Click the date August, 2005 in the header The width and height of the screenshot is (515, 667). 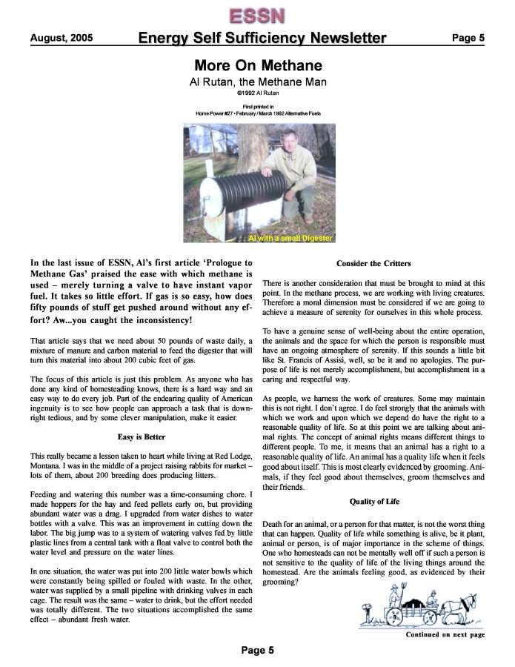coord(62,38)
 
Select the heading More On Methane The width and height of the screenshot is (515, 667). coord(257,65)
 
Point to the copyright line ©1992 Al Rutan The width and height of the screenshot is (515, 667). coord(257,94)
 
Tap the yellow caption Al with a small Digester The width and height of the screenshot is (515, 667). coord(290,238)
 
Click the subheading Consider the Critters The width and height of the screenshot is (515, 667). coord(373,263)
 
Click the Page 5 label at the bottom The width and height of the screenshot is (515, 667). coord(257,651)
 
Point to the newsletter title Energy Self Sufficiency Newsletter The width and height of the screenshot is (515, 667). coord(262,39)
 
